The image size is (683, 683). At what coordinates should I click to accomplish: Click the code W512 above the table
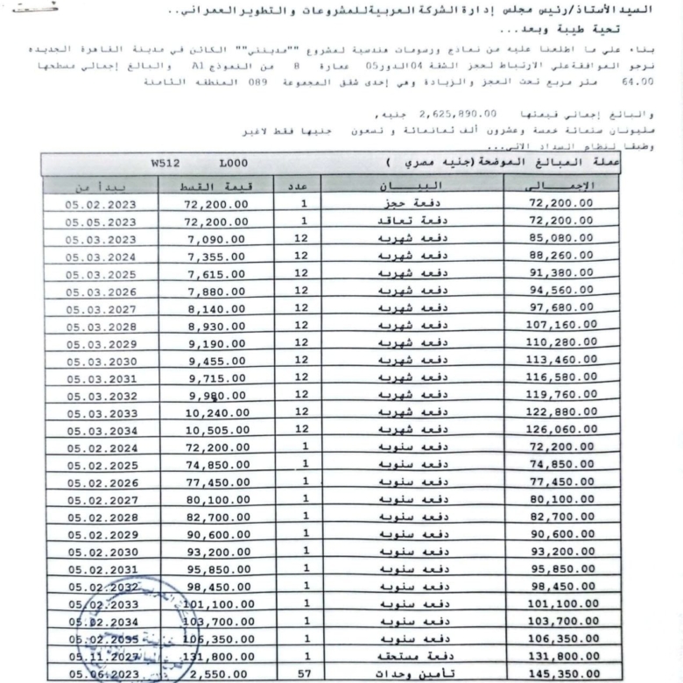pos(165,163)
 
